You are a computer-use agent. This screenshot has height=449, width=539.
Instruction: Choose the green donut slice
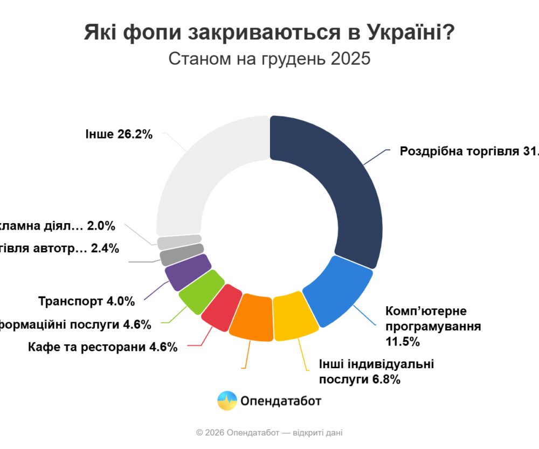tap(201, 292)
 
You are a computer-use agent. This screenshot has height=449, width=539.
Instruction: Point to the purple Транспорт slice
tap(187, 272)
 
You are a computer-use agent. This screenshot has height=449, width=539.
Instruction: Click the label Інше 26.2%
tap(119, 134)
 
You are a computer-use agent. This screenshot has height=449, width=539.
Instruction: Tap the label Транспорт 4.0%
tap(86, 301)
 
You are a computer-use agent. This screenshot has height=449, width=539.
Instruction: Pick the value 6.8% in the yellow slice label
tap(385, 379)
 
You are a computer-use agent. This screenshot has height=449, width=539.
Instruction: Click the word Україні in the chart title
tap(404, 33)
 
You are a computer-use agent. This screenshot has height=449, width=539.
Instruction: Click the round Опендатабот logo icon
tap(227, 400)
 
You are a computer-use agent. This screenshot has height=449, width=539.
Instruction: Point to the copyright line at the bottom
tap(269, 432)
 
